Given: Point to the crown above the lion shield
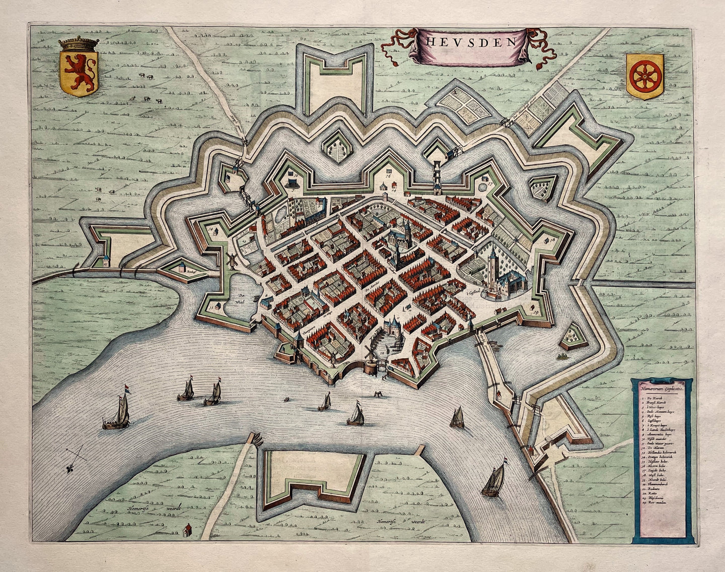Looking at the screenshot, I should tap(80, 44).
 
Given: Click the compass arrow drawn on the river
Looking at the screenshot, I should tap(74, 459).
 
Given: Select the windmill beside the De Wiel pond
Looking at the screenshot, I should tap(232, 260).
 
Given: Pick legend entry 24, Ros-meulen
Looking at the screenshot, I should tap(654, 517).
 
